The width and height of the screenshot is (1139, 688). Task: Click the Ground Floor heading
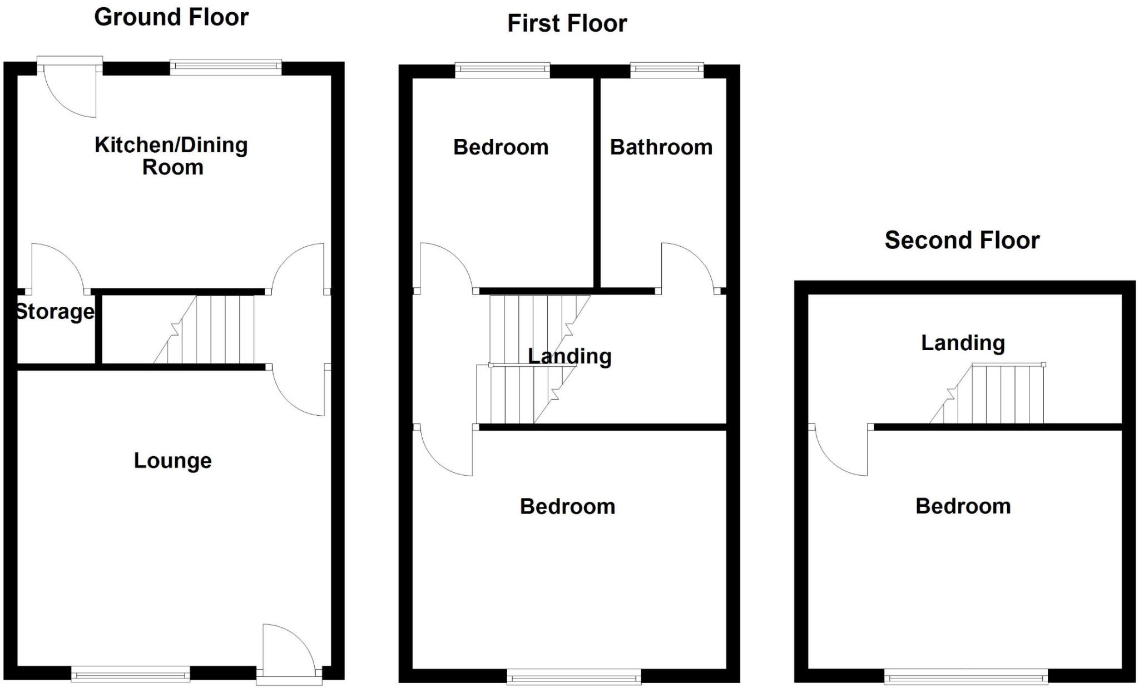click(171, 17)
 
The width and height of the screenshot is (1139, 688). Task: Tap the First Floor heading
click(567, 24)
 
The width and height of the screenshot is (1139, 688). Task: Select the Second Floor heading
click(962, 241)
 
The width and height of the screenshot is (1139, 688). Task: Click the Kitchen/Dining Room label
click(171, 156)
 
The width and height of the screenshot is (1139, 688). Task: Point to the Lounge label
click(173, 461)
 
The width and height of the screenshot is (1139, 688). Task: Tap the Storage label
click(55, 312)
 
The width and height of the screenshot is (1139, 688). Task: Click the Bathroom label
click(661, 147)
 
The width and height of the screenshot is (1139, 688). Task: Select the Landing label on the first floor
click(569, 356)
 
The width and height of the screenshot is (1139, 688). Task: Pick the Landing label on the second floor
click(963, 343)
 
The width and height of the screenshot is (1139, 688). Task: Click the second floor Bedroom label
click(963, 506)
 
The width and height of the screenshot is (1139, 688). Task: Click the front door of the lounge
click(288, 650)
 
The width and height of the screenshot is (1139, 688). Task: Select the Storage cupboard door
click(56, 267)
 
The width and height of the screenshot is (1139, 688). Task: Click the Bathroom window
click(666, 69)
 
